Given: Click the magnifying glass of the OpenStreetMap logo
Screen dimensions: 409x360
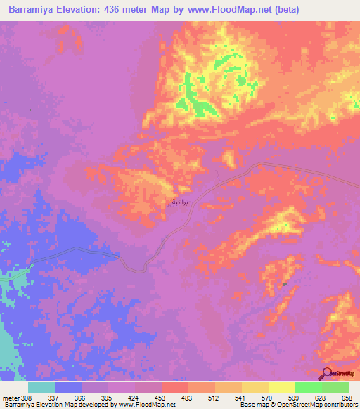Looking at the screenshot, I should tap(326, 373).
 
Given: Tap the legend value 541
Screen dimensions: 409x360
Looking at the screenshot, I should tap(247, 397).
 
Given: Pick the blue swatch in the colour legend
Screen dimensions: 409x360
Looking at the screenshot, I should tap(68, 387).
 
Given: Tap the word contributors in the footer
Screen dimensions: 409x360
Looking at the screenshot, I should tap(339, 405).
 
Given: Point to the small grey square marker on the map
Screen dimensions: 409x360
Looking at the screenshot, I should tap(284, 285).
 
